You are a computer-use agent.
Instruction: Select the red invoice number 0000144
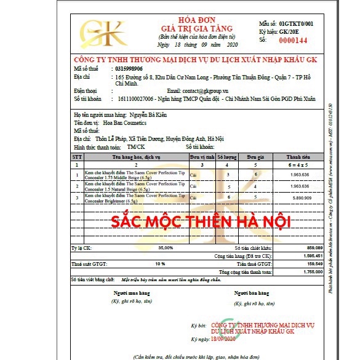pyautogui.click(x=293, y=40)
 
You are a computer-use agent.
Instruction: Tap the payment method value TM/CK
pyautogui.click(x=136, y=147)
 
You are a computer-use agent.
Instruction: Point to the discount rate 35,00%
pyautogui.click(x=165, y=247)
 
